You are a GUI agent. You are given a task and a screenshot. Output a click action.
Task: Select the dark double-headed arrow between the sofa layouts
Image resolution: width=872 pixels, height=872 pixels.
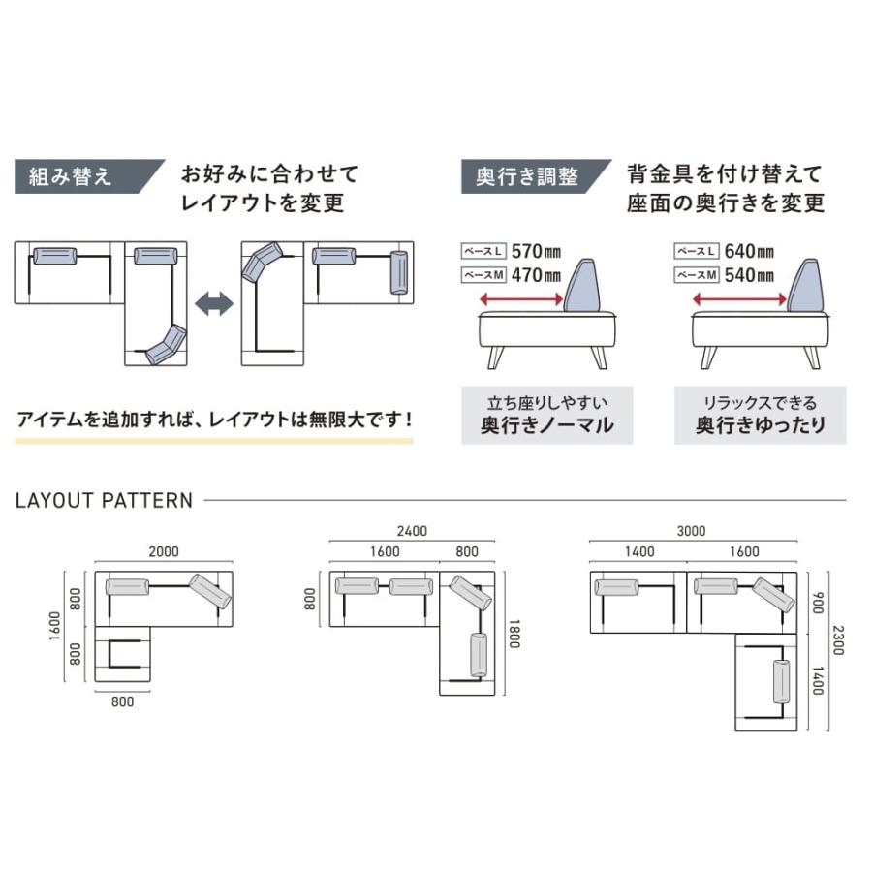[214, 305]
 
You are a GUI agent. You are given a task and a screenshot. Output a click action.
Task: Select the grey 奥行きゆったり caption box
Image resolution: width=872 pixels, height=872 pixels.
[760, 415]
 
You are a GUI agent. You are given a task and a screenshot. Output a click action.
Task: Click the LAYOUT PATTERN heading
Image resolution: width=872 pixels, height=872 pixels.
[105, 501]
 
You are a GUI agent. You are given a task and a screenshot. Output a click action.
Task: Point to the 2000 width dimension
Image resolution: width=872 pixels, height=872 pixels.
[164, 551]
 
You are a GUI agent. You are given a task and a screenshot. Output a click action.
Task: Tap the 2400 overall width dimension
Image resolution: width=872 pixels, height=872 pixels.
[412, 531]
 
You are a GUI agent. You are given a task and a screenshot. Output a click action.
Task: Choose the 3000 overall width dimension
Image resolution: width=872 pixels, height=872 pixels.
[691, 531]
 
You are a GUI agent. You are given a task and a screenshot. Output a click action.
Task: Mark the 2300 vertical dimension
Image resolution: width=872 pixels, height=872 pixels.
[837, 639]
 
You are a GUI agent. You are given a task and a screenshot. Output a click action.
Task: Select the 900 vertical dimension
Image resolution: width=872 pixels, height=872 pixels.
[817, 603]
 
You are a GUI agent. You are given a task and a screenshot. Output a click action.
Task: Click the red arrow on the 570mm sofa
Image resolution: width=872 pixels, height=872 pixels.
[520, 302]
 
